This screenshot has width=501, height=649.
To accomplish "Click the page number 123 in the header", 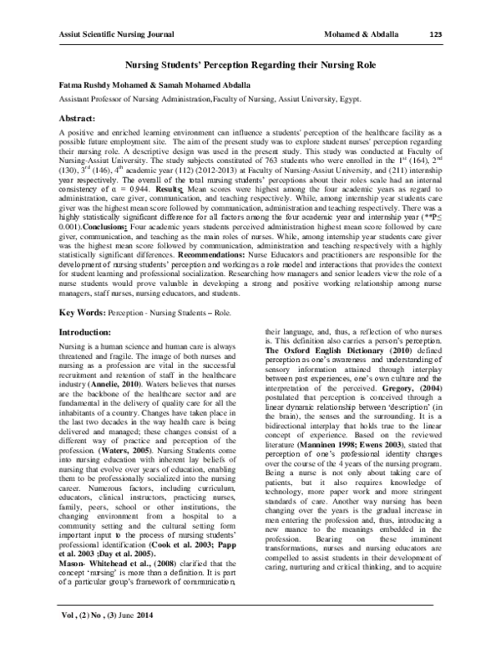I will click(434, 34).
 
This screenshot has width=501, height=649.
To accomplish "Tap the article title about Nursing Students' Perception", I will click(250, 64).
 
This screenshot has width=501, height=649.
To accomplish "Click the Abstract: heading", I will click(82, 119).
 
